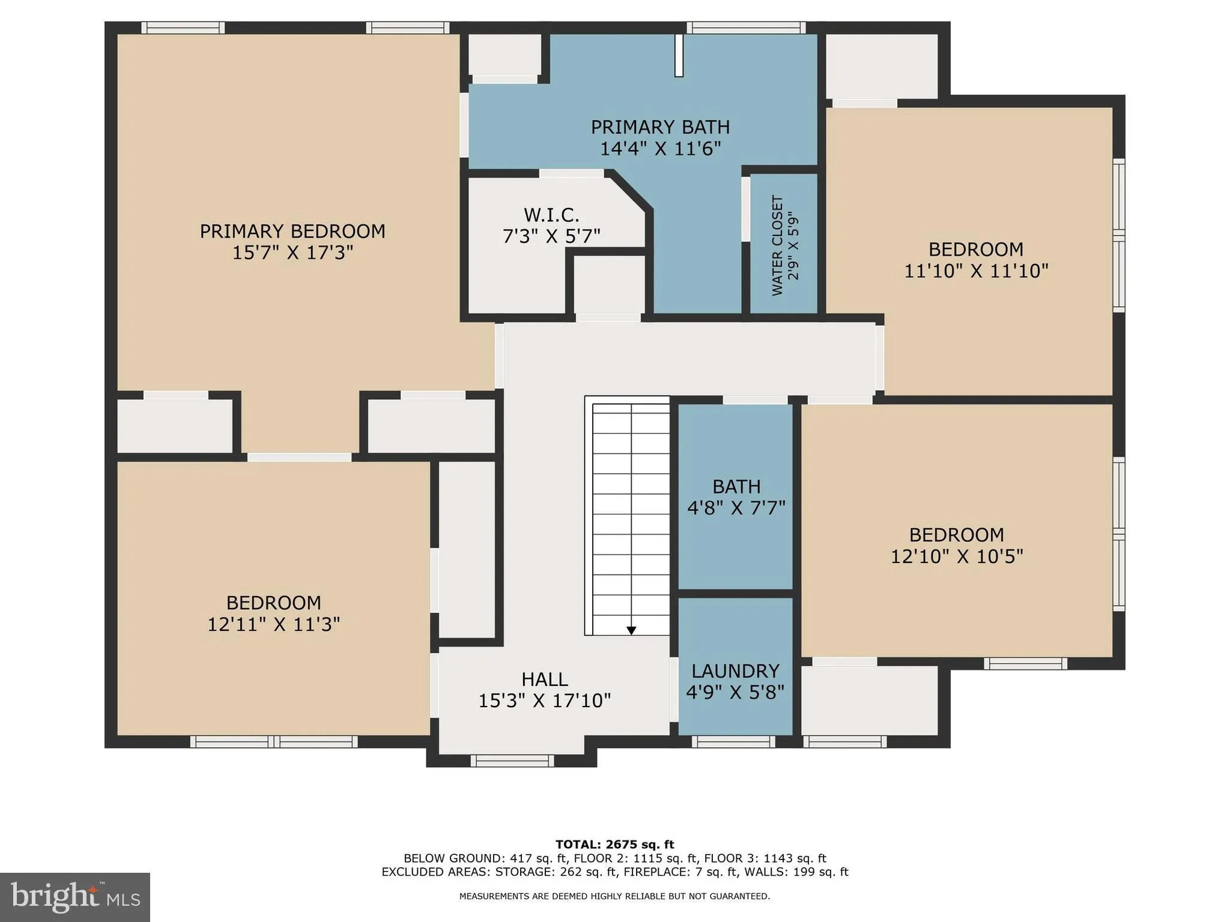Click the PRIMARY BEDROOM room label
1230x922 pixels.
click(292, 231)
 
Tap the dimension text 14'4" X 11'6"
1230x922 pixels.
click(660, 149)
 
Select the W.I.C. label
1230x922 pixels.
click(551, 215)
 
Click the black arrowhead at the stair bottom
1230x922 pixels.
click(631, 630)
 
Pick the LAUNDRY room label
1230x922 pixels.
click(735, 671)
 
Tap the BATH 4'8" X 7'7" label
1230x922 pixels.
click(736, 497)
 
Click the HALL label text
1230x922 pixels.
click(544, 679)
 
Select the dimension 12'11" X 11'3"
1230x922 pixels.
click(273, 625)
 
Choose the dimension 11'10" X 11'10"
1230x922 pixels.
click(976, 271)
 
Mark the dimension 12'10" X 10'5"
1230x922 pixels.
click(956, 557)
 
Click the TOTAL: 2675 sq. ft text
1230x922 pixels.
click(614, 845)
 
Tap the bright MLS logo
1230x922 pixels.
click(75, 897)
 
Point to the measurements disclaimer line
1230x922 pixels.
click(614, 896)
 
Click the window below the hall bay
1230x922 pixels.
click(512, 761)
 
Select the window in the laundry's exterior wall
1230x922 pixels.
click(733, 742)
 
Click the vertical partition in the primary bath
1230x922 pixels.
click(679, 55)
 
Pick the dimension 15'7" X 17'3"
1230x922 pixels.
click(292, 253)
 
